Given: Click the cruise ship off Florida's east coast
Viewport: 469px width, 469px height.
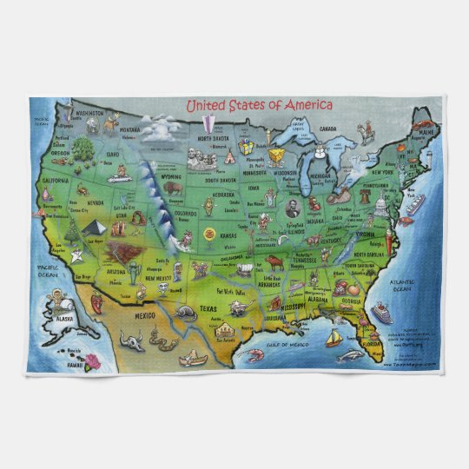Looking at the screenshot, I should [x=381, y=310].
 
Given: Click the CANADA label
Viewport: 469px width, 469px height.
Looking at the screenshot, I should [x=327, y=129].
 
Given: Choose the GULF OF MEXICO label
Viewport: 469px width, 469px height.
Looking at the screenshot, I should [x=296, y=345].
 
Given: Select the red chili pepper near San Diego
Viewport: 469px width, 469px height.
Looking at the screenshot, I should [x=97, y=302].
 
